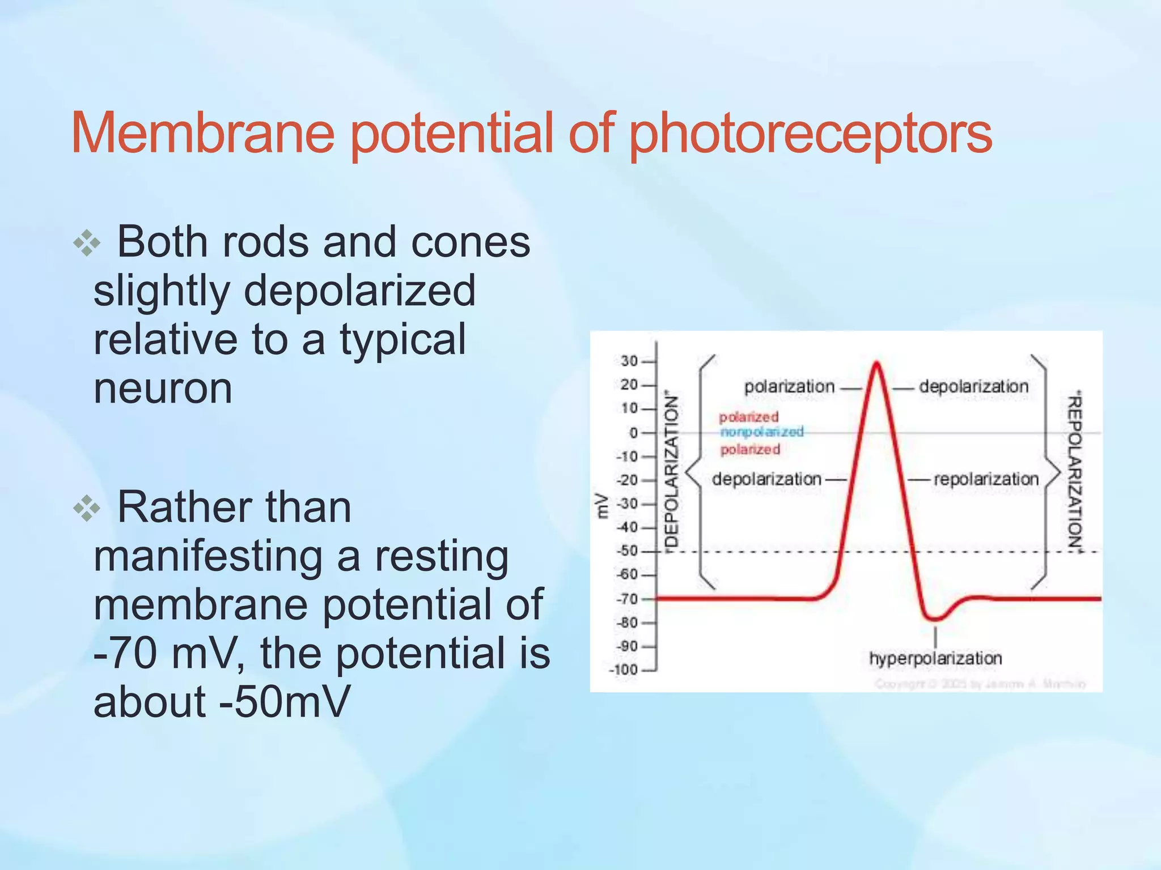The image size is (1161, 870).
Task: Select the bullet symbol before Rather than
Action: click(87, 509)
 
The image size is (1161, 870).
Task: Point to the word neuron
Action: click(163, 389)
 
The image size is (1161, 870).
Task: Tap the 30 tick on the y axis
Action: click(629, 361)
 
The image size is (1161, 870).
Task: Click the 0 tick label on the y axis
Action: click(634, 433)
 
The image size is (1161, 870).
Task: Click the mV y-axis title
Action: click(603, 506)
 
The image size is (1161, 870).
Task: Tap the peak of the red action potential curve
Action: click(876, 362)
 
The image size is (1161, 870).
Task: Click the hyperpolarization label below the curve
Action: click(935, 659)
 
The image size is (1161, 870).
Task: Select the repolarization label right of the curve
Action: click(986, 480)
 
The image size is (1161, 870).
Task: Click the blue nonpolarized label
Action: click(762, 432)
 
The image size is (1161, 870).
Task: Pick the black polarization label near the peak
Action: click(789, 387)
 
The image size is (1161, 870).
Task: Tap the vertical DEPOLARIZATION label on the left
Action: click(671, 470)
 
